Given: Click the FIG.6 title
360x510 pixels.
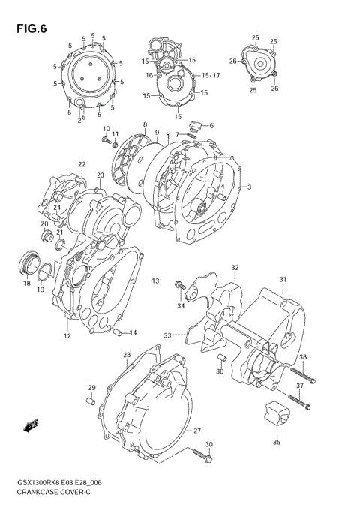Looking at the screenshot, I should tap(27, 28).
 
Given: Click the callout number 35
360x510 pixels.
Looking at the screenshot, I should tap(276, 442).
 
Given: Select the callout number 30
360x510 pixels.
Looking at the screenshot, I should tap(208, 444).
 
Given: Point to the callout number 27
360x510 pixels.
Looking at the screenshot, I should tap(197, 430).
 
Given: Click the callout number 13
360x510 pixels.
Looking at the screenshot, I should tap(155, 280).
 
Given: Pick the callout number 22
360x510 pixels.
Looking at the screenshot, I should tap(82, 164).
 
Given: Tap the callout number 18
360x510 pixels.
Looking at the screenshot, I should tap(26, 283).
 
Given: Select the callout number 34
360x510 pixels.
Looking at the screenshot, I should tap(181, 305).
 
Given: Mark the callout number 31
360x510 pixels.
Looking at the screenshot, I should tap(283, 280).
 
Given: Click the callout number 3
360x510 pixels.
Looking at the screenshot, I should tap(248, 187).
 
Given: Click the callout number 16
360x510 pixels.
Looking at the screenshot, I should tap(149, 75).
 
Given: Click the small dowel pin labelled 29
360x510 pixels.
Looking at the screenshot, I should tap(89, 402).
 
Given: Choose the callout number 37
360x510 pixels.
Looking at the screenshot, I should tap(299, 385).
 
